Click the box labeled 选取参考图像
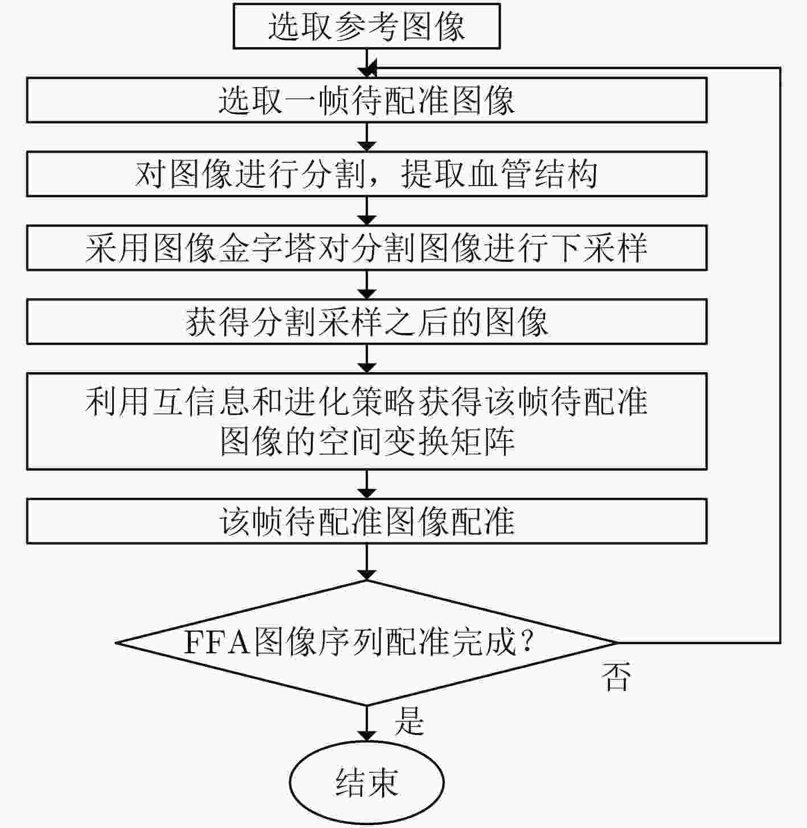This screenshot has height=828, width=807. click(x=367, y=26)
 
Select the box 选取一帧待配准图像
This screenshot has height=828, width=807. click(x=367, y=100)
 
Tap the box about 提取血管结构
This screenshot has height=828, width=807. click(x=367, y=174)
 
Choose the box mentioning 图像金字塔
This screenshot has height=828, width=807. click(x=367, y=248)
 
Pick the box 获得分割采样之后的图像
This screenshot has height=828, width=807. click(x=367, y=322)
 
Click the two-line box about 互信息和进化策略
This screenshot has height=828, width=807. click(x=367, y=422)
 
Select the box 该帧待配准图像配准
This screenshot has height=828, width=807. click(x=367, y=521)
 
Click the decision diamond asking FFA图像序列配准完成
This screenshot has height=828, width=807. click(x=367, y=642)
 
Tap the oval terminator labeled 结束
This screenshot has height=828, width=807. click(x=367, y=782)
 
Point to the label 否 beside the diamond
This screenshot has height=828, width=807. click(x=616, y=676)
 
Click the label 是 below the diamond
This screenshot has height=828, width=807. click(x=409, y=721)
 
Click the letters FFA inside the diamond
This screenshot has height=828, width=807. click(x=217, y=642)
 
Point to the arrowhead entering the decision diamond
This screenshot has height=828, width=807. click(x=367, y=574)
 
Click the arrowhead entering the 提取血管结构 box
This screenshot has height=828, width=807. click(x=367, y=146)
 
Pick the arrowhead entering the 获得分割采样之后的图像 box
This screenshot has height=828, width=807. click(x=367, y=294)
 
